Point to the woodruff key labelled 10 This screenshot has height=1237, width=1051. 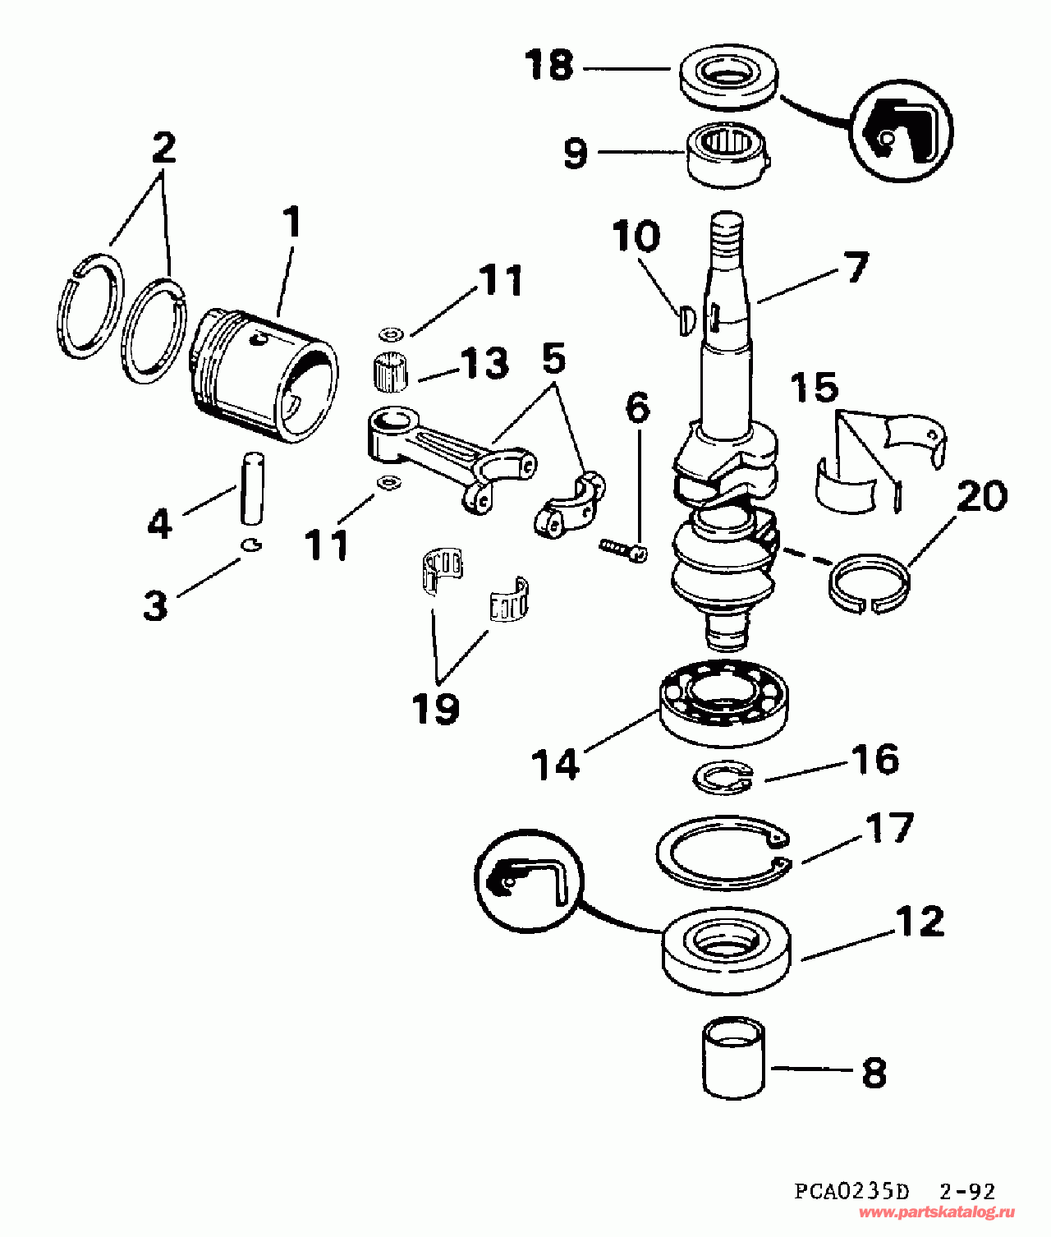coord(688,320)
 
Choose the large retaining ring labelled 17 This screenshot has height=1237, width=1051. coord(723,853)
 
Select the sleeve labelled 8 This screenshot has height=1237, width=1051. coord(733,1055)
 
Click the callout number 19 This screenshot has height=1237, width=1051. coord(436,707)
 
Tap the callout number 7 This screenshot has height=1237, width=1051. coord(855,267)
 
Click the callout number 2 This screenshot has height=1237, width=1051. coord(164,148)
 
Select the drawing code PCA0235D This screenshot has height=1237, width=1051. coord(851,1191)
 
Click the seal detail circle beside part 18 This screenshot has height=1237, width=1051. coord(900,131)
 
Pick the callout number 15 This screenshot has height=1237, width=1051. coord(815,388)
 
